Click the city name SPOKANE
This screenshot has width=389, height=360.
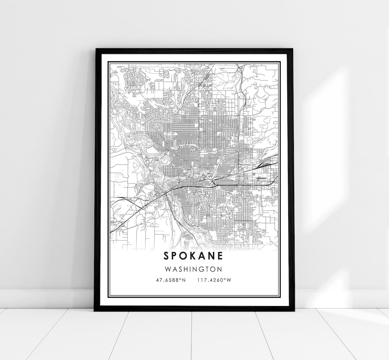coord(193,256)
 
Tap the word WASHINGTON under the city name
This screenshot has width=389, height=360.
coord(194,269)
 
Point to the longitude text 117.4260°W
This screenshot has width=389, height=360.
coord(214,280)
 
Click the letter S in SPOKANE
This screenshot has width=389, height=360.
coord(166,256)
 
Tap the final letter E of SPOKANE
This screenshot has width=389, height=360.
coord(220,256)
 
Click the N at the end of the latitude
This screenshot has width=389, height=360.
coord(184,280)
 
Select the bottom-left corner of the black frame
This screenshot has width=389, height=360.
coord(94,310)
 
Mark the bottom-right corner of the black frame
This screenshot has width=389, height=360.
coord(294,310)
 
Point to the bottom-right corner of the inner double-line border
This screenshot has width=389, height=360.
coord(280,296)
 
